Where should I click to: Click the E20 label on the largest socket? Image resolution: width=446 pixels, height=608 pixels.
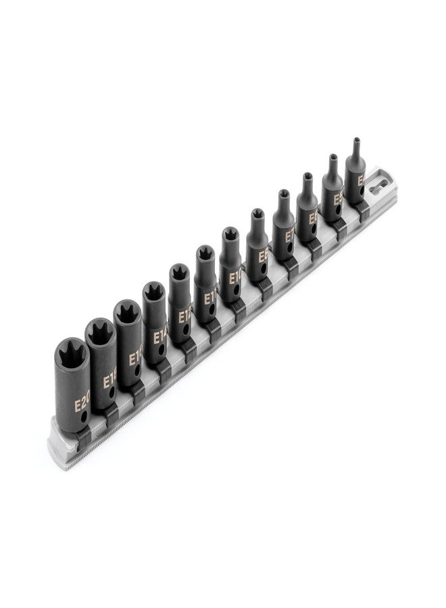click(x=82, y=405)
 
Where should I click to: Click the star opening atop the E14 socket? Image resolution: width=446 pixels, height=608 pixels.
click(x=153, y=292)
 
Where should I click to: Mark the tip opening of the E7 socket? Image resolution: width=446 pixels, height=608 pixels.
click(x=282, y=197)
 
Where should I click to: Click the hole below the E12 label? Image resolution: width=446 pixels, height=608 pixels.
click(x=188, y=334)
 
